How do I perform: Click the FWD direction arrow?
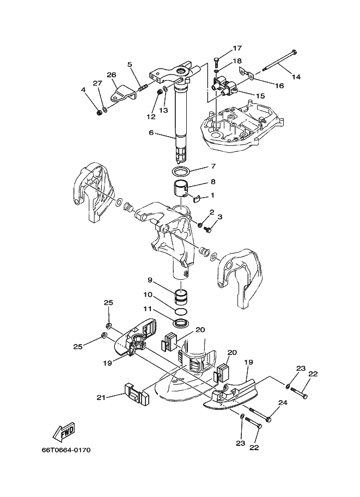64,432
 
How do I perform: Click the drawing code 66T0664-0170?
66,450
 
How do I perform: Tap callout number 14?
296,77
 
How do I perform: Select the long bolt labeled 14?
279,62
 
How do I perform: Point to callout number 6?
151,132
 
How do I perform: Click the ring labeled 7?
181,171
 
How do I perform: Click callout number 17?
237,48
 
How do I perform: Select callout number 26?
111,75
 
